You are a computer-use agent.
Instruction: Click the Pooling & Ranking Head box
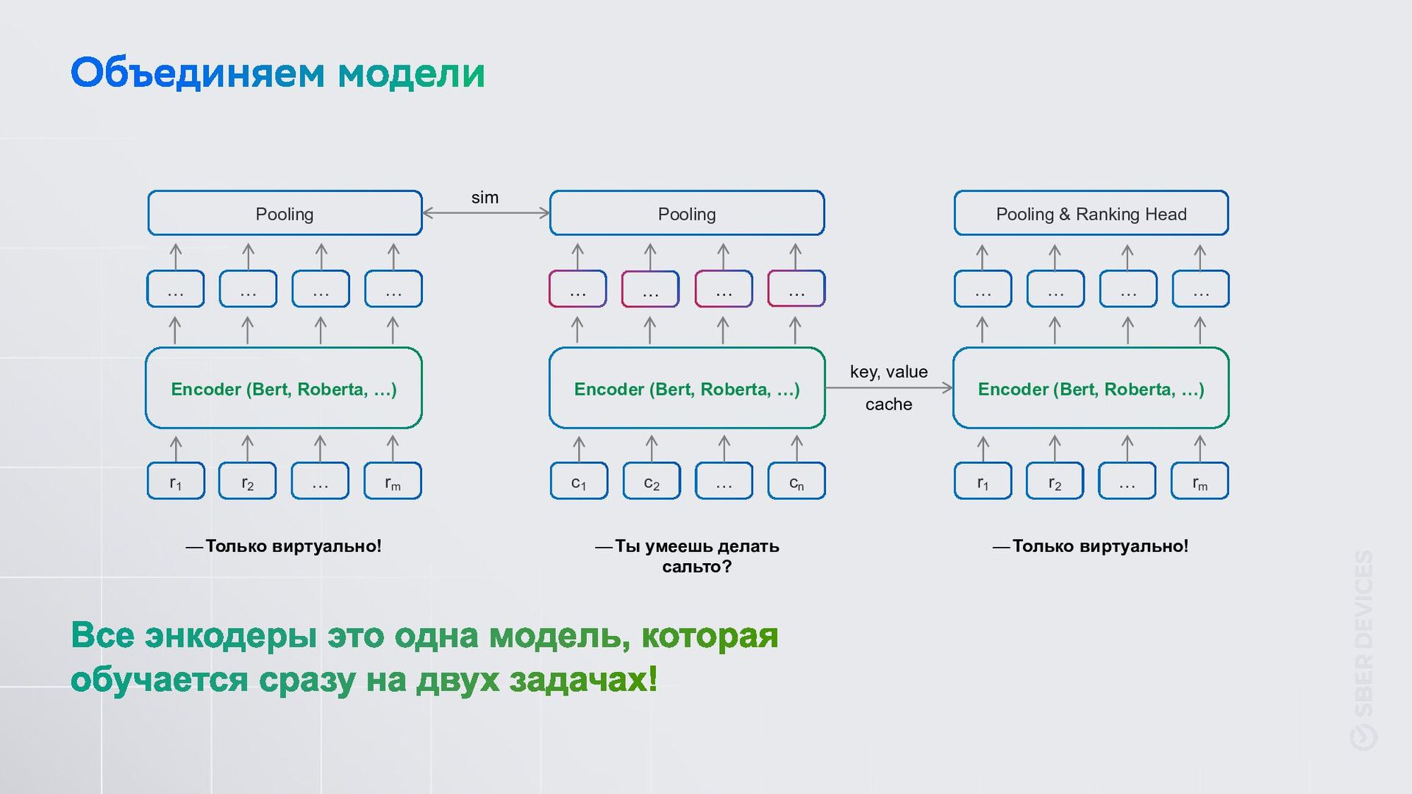pyautogui.click(x=1091, y=213)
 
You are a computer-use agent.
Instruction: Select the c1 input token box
pyautogui.click(x=579, y=482)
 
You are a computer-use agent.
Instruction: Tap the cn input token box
pyautogui.click(x=796, y=482)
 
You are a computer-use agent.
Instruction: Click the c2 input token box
pyautogui.click(x=652, y=482)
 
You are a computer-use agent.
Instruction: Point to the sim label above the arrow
pyautogui.click(x=485, y=197)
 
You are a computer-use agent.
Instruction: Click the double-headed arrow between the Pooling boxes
pyautogui.click(x=486, y=213)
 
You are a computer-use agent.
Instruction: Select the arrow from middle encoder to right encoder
pyautogui.click(x=888, y=387)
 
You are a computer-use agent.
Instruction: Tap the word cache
pyautogui.click(x=888, y=404)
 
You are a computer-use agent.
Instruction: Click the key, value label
pyautogui.click(x=888, y=372)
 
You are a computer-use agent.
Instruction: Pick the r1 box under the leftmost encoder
pyautogui.click(x=176, y=482)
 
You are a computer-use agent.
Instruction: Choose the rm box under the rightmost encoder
pyautogui.click(x=1200, y=482)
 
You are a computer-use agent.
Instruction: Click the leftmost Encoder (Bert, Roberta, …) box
pyautogui.click(x=284, y=388)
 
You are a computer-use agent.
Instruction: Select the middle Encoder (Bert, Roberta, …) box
pyautogui.click(x=687, y=388)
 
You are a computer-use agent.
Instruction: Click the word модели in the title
pyautogui.click(x=411, y=74)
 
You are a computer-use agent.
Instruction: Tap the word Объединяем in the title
pyautogui.click(x=197, y=74)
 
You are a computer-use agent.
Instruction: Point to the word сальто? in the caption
pyautogui.click(x=696, y=567)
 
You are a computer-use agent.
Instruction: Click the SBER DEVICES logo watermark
pyautogui.click(x=1363, y=651)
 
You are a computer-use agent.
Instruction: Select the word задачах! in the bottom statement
pyautogui.click(x=583, y=679)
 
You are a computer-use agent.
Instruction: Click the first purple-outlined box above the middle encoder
pyautogui.click(x=578, y=289)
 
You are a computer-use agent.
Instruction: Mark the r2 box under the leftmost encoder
pyautogui.click(x=248, y=482)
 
